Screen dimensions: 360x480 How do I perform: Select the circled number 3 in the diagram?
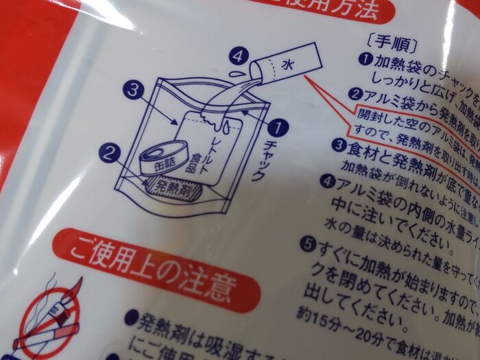point(133,89)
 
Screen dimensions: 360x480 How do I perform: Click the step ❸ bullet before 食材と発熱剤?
point(337,145)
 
